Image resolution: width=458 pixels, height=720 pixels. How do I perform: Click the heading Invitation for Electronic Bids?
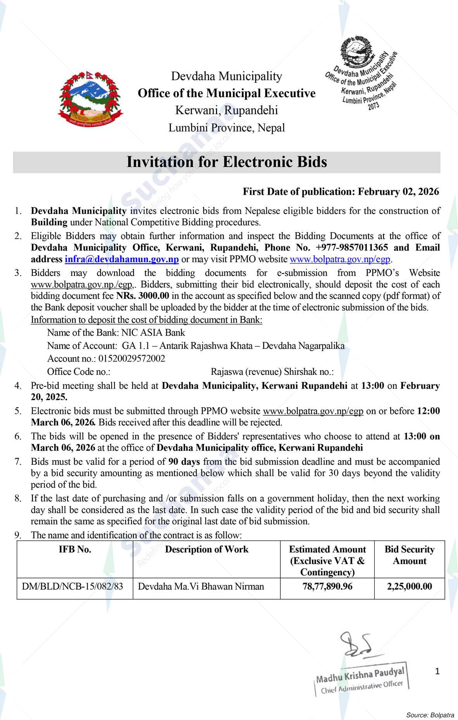tap(226, 162)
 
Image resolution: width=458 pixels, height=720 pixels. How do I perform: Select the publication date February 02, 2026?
tap(398, 192)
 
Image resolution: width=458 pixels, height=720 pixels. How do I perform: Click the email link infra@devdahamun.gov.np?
tap(121, 259)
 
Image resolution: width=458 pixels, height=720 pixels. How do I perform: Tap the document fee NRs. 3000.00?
tap(143, 296)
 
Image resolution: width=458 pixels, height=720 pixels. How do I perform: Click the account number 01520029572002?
tap(132, 358)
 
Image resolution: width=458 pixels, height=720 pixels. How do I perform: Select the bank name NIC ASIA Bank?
tap(153, 332)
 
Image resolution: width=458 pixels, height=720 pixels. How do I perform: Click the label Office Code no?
tap(79, 372)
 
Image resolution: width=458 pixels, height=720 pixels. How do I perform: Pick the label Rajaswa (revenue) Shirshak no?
tap(272, 372)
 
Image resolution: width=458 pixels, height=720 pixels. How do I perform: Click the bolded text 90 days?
tap(184, 462)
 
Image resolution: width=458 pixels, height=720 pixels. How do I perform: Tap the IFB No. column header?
tap(75, 549)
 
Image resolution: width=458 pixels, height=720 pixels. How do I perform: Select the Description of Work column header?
tap(207, 549)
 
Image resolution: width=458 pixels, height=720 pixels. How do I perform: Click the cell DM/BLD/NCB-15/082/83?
tap(73, 586)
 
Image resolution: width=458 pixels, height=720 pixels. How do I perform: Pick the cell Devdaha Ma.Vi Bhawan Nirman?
tap(201, 586)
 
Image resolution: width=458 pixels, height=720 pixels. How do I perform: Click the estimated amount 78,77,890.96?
tap(327, 586)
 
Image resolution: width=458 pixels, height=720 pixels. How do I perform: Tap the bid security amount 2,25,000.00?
tap(409, 586)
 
